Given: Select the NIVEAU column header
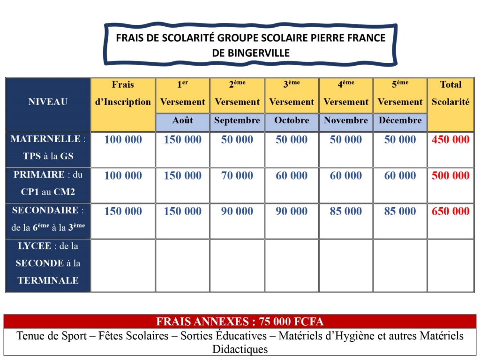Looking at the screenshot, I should coord(48,102).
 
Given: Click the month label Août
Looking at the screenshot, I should coord(182,120).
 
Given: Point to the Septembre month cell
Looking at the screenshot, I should coord(237,120).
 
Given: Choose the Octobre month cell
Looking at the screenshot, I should coord(292,120).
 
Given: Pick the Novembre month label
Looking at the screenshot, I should coord(346,120).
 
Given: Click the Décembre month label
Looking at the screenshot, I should coord(400,120).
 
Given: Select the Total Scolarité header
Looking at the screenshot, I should coord(450,93).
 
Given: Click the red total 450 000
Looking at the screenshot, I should coord(450,140).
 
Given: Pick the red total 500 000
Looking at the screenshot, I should coord(450,176).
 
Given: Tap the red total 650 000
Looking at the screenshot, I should coord(450,211).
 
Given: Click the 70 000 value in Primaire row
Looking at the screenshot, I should coord(237,176).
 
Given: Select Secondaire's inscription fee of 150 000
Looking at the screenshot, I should coord(123,211).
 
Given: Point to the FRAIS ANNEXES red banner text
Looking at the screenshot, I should coord(240,322).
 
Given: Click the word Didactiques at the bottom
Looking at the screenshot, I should coord(240,349).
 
